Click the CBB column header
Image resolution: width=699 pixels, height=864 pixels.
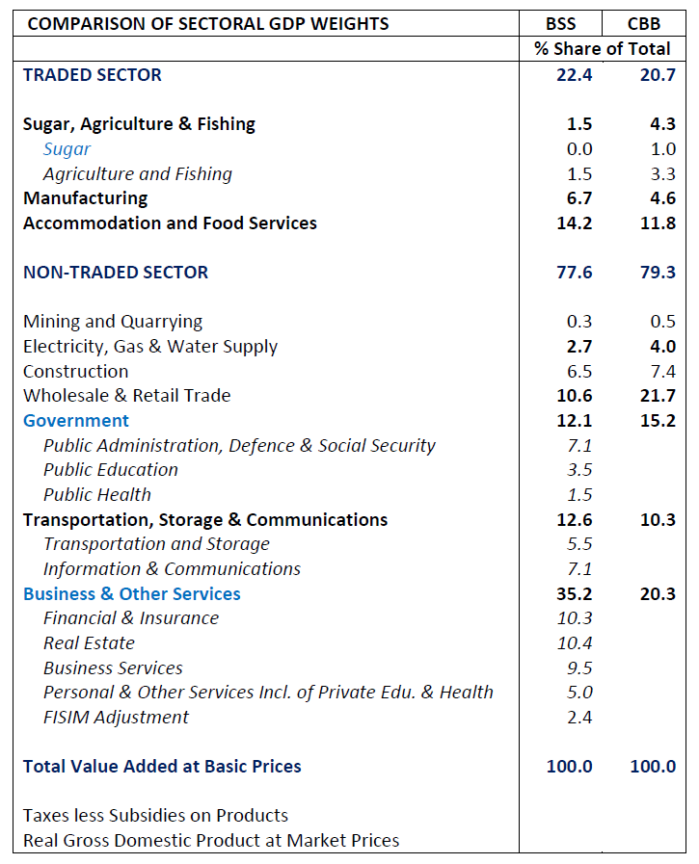tap(643, 24)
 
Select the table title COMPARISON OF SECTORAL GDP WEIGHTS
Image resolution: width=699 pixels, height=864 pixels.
tap(208, 24)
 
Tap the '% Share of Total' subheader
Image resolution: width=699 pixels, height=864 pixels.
tap(603, 49)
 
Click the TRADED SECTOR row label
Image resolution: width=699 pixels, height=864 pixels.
tap(93, 75)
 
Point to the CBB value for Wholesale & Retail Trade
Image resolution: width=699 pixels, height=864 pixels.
tap(657, 396)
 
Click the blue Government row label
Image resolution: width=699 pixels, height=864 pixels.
tap(76, 421)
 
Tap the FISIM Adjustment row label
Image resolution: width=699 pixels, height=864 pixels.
tap(116, 718)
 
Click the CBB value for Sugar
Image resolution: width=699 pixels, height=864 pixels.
tap(662, 149)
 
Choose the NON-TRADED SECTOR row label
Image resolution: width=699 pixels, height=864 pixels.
tap(116, 273)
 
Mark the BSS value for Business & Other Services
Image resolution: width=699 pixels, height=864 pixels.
tap(574, 594)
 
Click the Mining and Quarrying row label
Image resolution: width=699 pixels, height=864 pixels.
tap(113, 322)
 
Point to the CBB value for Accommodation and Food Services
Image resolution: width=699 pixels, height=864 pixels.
tap(657, 223)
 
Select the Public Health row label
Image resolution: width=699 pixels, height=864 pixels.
tap(97, 495)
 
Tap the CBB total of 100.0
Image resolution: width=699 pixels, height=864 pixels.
tap(652, 767)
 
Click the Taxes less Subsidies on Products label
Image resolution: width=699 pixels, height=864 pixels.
tap(155, 816)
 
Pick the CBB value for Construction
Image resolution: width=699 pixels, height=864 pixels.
tap(662, 372)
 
